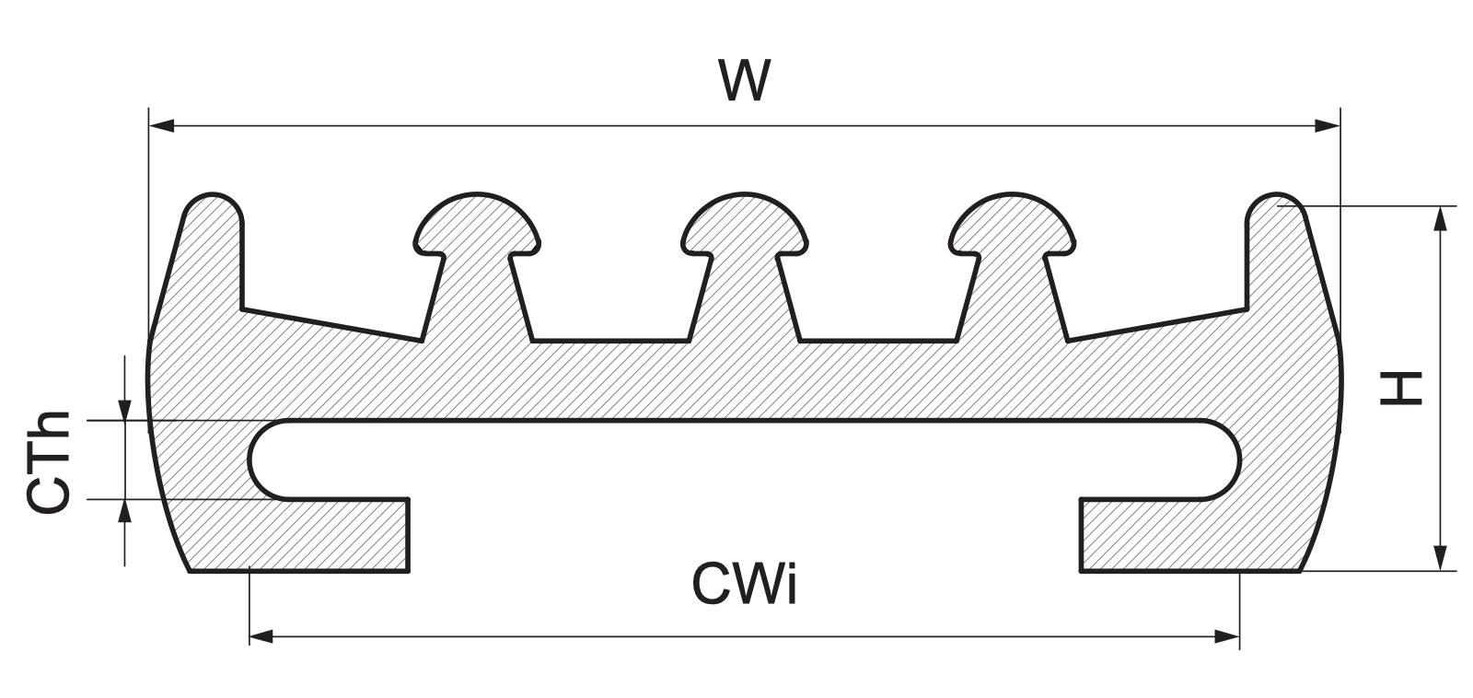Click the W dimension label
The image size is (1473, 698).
coord(744,80)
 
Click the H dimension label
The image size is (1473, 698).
coord(1401,389)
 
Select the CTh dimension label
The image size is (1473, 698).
coord(48,461)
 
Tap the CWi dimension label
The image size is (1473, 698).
coord(745,584)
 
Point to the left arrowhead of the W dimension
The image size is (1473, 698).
coord(162,125)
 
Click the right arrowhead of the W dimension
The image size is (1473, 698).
coord(1327,125)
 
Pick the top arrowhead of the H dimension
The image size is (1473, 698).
coord(1440,218)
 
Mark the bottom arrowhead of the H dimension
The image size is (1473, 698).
coord(1440,558)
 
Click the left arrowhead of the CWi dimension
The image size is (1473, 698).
coord(261,636)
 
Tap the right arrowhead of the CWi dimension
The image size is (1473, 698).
coord(1227,636)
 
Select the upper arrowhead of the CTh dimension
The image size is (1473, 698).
coord(124,409)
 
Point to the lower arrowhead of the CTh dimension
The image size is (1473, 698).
coord(124,511)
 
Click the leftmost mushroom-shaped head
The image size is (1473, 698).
coord(478,224)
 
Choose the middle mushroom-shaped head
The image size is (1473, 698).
coord(745,224)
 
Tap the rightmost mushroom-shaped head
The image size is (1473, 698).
coord(1012,224)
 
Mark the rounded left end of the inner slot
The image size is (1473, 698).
coord(263,460)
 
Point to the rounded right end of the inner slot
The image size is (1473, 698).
coord(1224,460)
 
